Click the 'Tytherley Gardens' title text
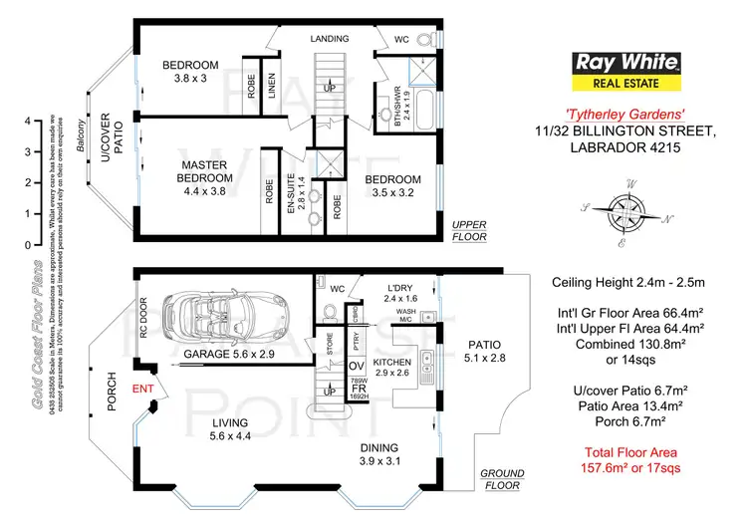(x=622, y=114)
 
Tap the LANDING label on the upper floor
(x=329, y=39)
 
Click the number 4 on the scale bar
(x=28, y=121)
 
